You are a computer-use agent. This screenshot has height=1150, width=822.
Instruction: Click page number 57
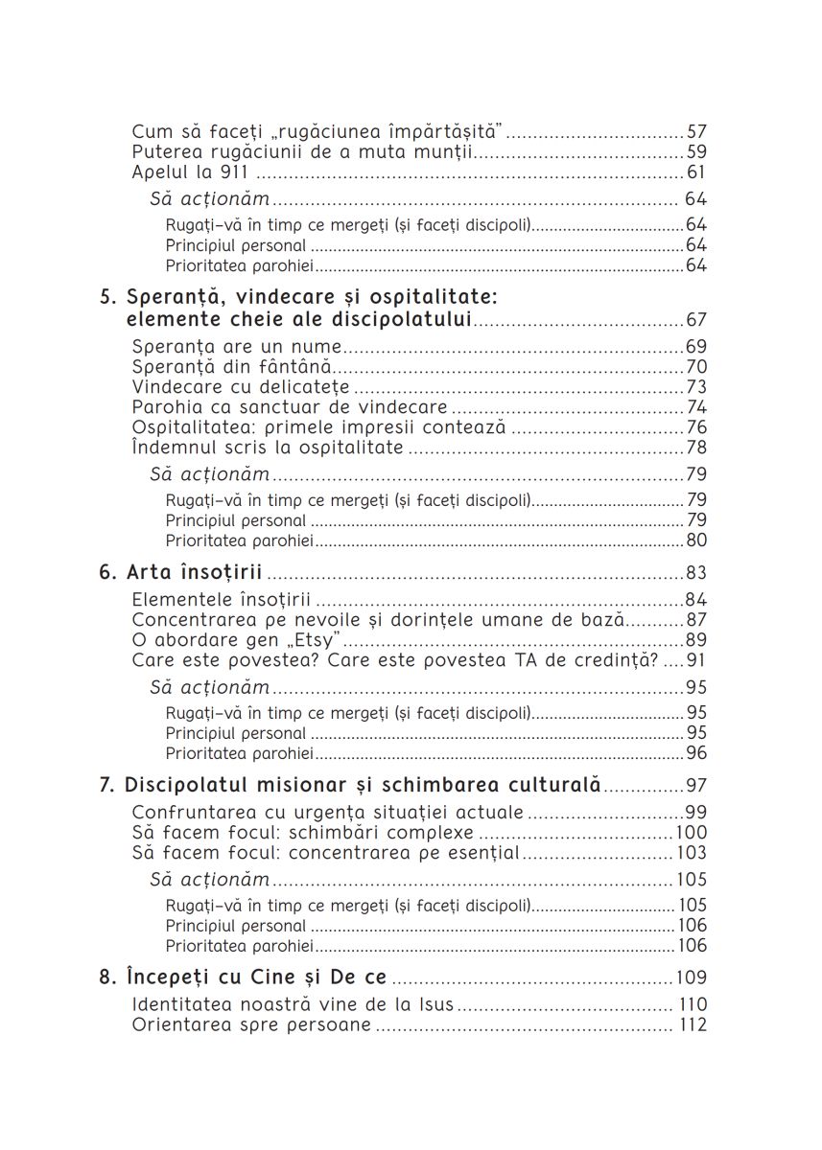click(696, 131)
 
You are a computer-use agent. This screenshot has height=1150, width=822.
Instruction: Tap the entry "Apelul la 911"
click(190, 172)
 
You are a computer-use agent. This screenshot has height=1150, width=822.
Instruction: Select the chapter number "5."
click(109, 298)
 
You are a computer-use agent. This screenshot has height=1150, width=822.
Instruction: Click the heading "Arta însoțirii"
click(195, 573)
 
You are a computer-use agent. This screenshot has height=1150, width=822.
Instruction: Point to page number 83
click(696, 573)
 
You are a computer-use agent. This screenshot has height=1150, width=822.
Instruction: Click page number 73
click(696, 387)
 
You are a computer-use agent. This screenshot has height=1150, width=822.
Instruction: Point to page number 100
click(692, 833)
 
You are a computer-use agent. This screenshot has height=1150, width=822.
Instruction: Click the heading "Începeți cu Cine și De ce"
click(256, 978)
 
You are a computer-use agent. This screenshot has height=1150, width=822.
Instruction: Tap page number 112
click(692, 1025)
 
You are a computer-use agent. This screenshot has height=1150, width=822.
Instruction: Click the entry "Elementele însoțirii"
click(222, 600)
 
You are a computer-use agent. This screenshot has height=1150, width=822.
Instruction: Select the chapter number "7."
click(108, 785)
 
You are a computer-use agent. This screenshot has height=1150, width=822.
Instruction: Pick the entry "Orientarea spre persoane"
click(251, 1025)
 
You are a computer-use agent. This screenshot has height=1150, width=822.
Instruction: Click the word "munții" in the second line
click(449, 152)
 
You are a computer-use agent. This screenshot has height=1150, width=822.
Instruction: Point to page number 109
click(692, 978)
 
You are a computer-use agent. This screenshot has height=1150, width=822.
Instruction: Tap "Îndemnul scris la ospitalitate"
click(268, 448)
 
